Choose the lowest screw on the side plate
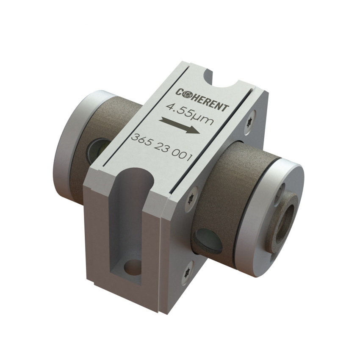pos(187,268)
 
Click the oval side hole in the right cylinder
pos(207,239)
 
